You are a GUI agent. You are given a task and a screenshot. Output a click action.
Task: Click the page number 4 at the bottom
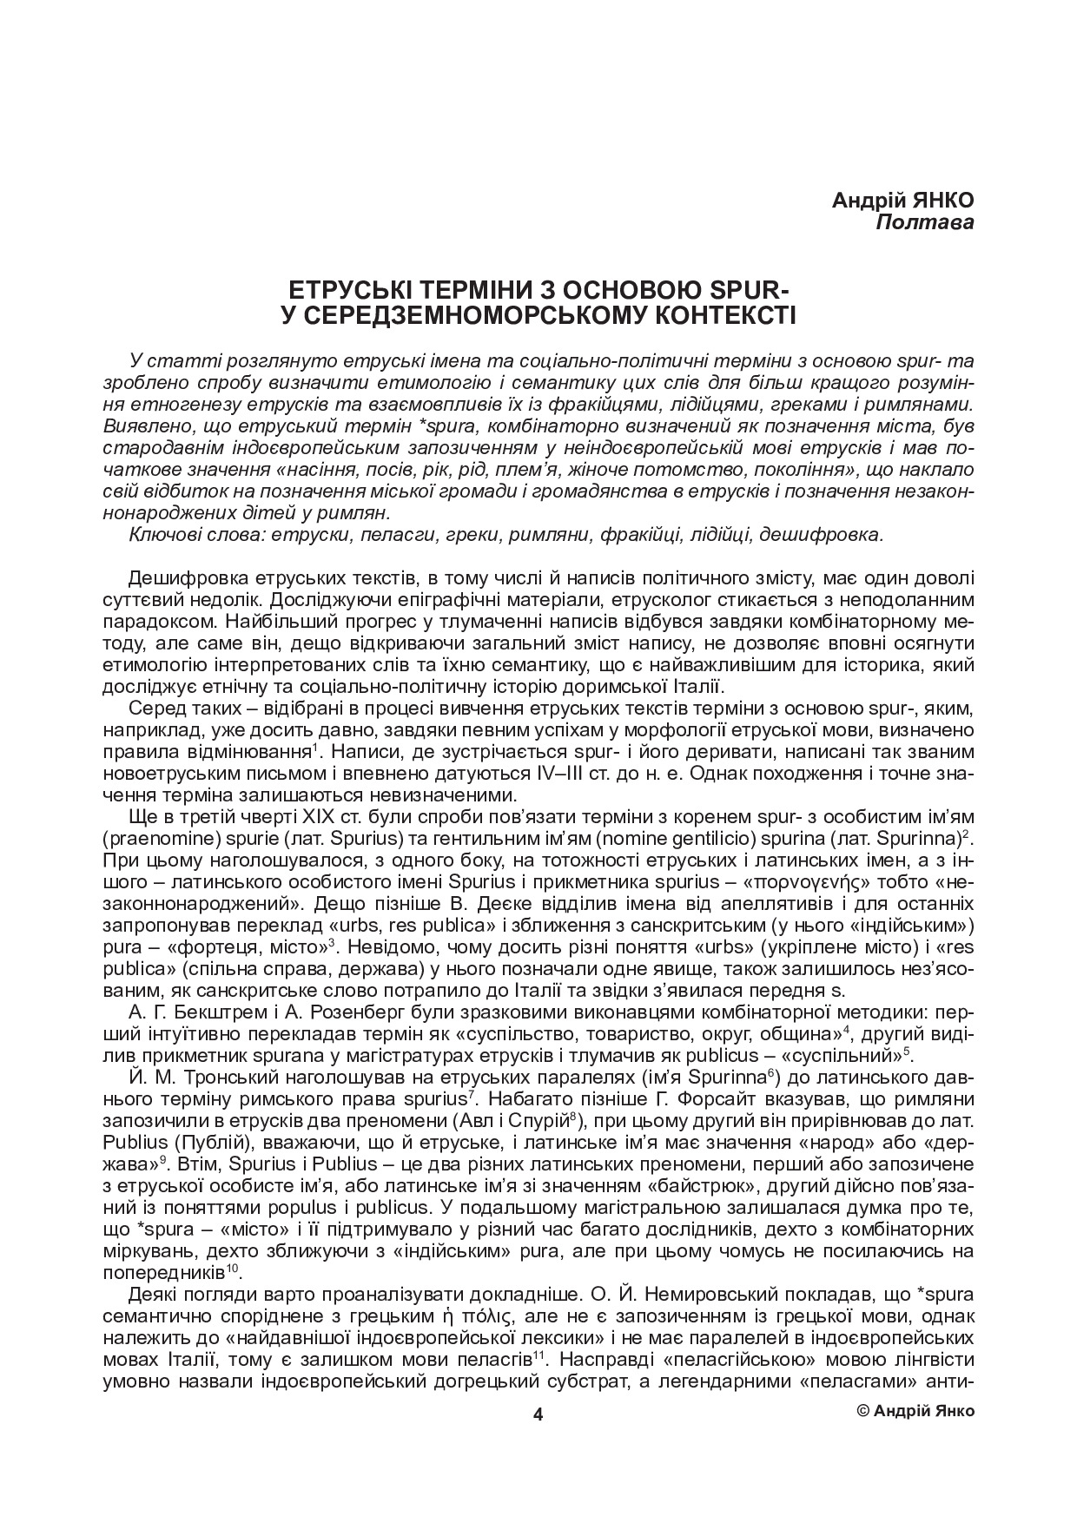tap(538, 1414)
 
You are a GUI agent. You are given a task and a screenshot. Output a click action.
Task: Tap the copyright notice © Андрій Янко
tap(915, 1411)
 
